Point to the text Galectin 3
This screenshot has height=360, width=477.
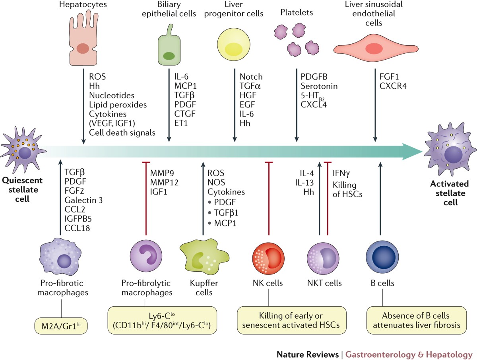(83, 200)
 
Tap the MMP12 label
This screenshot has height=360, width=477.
(164, 183)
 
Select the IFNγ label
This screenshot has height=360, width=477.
(342, 173)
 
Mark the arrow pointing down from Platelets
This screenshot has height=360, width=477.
(296, 107)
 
